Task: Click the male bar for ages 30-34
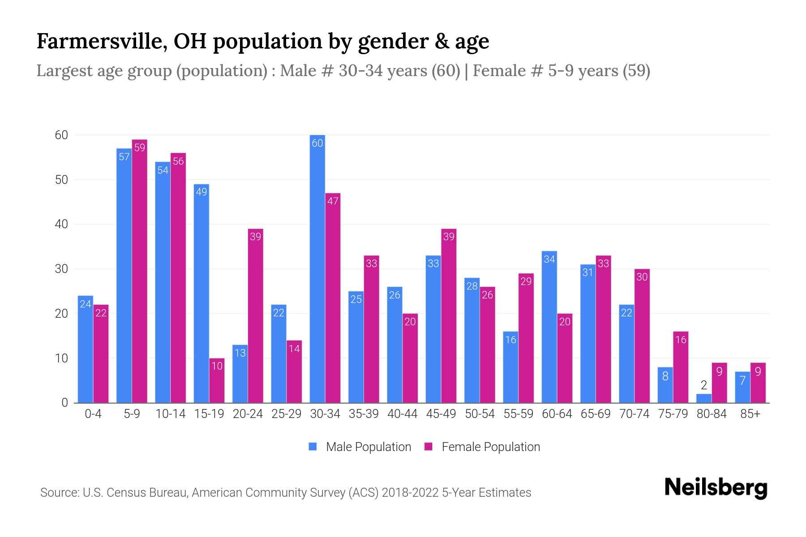[x=317, y=268]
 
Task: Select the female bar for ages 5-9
[x=140, y=271]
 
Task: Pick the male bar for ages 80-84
[x=704, y=398]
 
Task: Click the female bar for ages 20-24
[x=255, y=316]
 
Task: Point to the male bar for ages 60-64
[x=549, y=327]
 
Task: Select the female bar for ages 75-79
[x=681, y=367]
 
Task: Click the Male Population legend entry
[x=360, y=447]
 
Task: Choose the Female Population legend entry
[x=482, y=447]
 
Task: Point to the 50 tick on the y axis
[x=61, y=180]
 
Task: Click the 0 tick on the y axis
[x=64, y=403]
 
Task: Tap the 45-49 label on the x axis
[x=441, y=414]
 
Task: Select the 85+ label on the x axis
[x=750, y=414]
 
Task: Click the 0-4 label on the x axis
[x=93, y=414]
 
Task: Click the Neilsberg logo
[x=716, y=488]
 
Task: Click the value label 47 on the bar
[x=333, y=201]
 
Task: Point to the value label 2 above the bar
[x=704, y=385]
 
